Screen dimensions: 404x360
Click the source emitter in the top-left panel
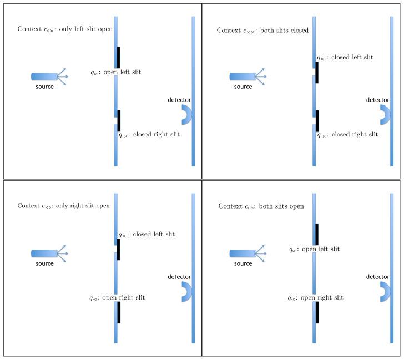point(44,76)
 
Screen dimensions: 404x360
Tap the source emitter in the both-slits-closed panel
point(243,76)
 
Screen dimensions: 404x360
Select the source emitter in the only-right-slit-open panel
point(44,253)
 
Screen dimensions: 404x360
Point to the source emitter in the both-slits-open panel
point(243,253)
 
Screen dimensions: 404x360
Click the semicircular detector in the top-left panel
point(187,114)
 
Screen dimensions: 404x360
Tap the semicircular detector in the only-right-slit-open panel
point(187,292)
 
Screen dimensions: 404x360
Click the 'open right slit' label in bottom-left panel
point(117,298)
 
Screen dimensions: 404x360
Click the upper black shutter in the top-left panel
point(118,57)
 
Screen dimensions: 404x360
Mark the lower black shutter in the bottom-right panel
point(317,312)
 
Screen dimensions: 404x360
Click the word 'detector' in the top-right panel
point(377,100)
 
